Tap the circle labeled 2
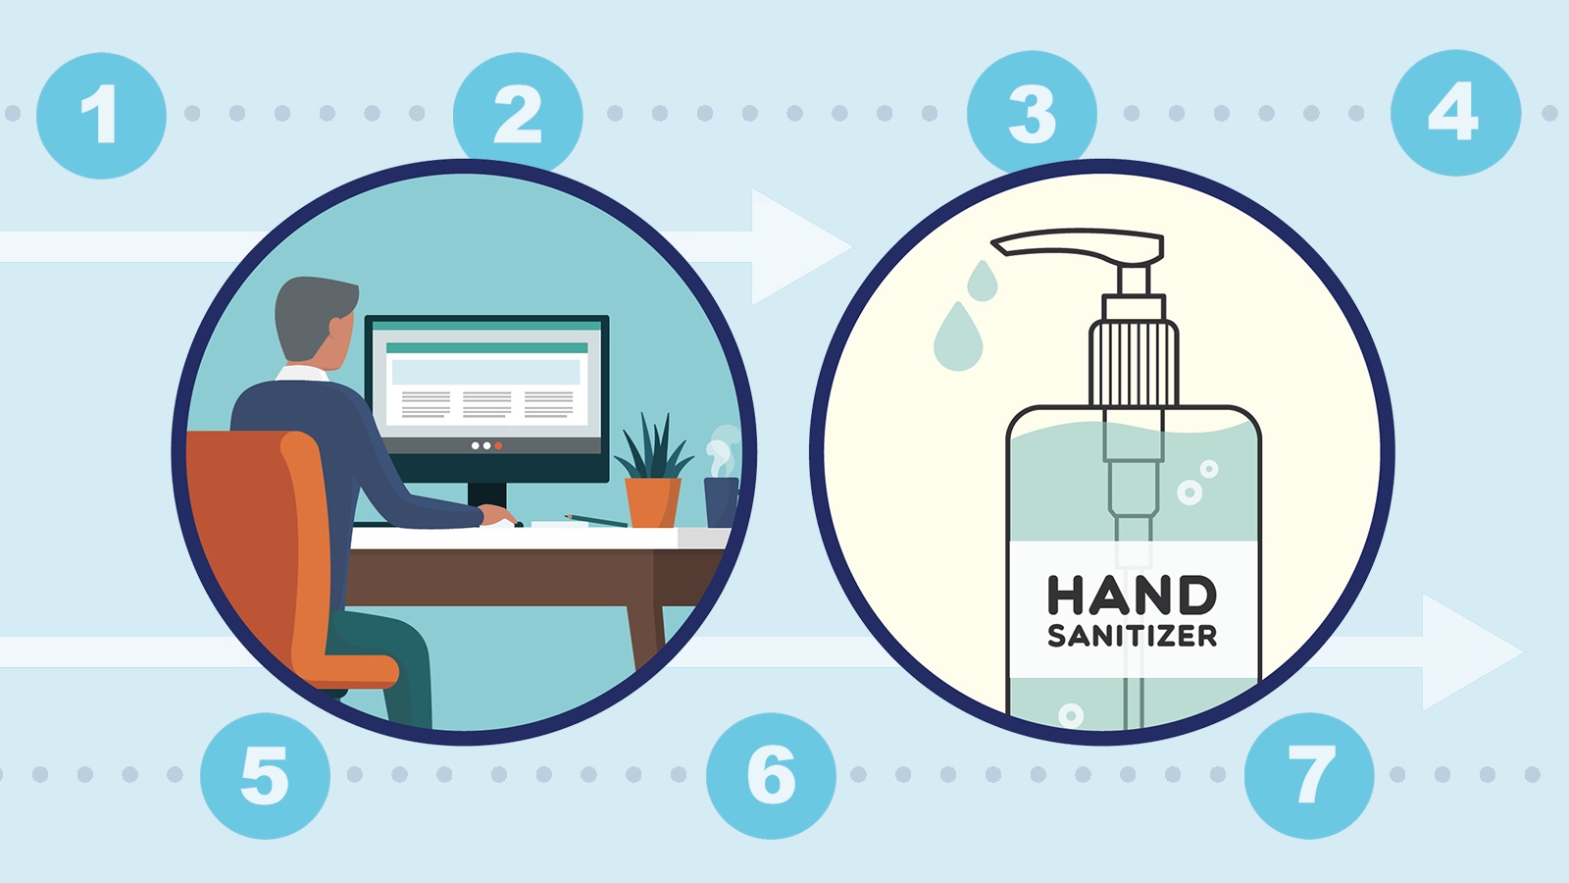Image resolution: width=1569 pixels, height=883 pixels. click(x=518, y=112)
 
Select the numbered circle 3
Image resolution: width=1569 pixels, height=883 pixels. click(x=1032, y=112)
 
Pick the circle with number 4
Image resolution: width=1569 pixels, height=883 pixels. click(x=1455, y=113)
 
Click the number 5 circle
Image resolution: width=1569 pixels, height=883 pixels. click(x=265, y=776)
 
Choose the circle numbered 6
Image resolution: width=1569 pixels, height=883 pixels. click(x=771, y=776)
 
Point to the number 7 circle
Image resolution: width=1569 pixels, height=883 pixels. click(x=1309, y=776)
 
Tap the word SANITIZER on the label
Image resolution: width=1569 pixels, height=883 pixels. click(x=1132, y=636)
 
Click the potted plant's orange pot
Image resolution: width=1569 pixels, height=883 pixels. click(x=653, y=502)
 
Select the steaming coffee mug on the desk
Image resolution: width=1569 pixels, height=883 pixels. click(x=722, y=501)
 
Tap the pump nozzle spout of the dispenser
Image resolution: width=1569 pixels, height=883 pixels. click(x=1078, y=245)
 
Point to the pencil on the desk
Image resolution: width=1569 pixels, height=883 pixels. click(x=596, y=521)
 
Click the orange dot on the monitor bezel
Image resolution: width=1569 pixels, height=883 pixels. click(x=499, y=445)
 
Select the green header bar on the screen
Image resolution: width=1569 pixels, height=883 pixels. click(x=486, y=348)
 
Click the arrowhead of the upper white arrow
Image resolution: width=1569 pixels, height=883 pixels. click(x=798, y=246)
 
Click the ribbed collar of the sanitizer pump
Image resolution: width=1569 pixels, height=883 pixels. click(x=1134, y=363)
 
